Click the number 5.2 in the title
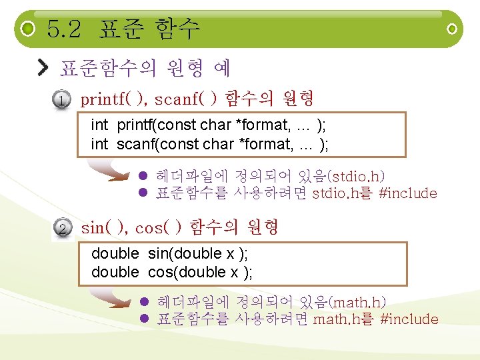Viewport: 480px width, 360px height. pyautogui.click(x=64, y=29)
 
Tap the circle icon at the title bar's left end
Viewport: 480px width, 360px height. pyautogui.click(x=27, y=29)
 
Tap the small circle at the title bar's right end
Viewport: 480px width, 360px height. pyautogui.click(x=452, y=29)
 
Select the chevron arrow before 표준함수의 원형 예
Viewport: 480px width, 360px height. pyautogui.click(x=43, y=67)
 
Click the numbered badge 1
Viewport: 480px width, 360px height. pyautogui.click(x=61, y=101)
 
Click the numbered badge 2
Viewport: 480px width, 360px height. pyautogui.click(x=61, y=229)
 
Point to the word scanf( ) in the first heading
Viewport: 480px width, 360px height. pyautogui.click(x=186, y=100)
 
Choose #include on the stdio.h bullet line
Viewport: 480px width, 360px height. pyautogui.click(x=407, y=194)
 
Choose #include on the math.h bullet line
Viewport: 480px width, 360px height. pyautogui.click(x=409, y=319)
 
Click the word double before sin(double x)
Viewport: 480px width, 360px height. pyautogui.click(x=115, y=253)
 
